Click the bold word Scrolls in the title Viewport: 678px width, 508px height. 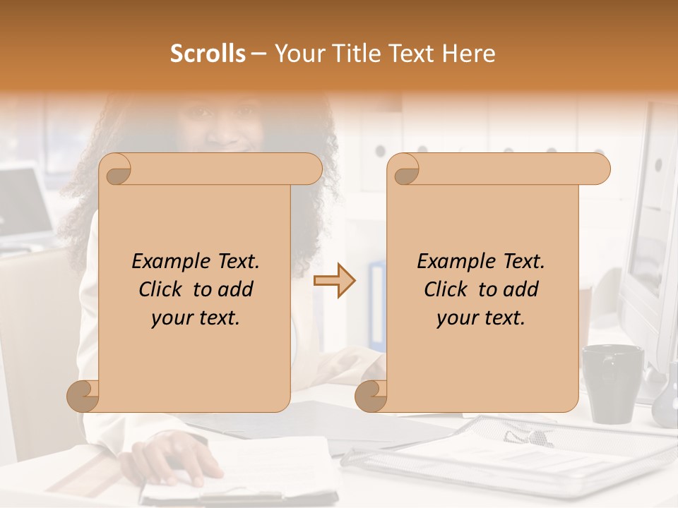(208, 54)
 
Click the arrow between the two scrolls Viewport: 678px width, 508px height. (334, 281)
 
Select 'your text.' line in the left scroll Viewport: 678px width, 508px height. (196, 318)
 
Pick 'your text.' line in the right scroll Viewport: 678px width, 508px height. (481, 318)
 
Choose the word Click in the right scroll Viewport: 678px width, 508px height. (445, 289)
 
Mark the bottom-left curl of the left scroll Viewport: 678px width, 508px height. (83, 397)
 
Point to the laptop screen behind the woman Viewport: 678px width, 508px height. (25, 205)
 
